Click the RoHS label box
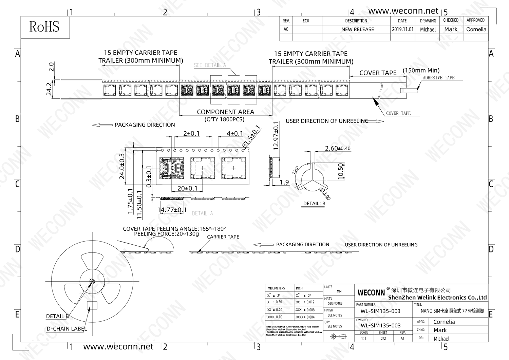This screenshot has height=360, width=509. click(x=45, y=27)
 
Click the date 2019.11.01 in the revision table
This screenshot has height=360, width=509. click(x=402, y=30)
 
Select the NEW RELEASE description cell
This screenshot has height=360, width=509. click(x=357, y=30)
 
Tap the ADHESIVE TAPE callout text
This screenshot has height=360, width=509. click(x=438, y=78)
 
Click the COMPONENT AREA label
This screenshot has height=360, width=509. click(x=225, y=112)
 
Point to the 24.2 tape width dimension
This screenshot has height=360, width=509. click(x=49, y=89)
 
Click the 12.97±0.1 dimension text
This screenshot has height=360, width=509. click(x=276, y=136)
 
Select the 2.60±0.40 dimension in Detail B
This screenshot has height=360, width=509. click(x=337, y=148)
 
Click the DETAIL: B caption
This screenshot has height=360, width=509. click(x=314, y=204)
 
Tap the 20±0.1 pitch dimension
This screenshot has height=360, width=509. click(x=187, y=188)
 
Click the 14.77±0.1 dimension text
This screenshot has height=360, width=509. click(x=172, y=210)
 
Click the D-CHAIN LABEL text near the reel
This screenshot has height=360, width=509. click(x=67, y=329)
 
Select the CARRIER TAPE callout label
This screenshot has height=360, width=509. click(x=223, y=237)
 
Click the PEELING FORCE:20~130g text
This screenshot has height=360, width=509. click(x=166, y=234)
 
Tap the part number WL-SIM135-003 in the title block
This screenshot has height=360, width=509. click(x=380, y=311)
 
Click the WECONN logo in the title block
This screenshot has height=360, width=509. click(x=371, y=292)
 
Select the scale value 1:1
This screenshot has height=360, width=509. click(x=363, y=339)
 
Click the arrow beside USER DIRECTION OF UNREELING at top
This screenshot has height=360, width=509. click(x=376, y=121)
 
